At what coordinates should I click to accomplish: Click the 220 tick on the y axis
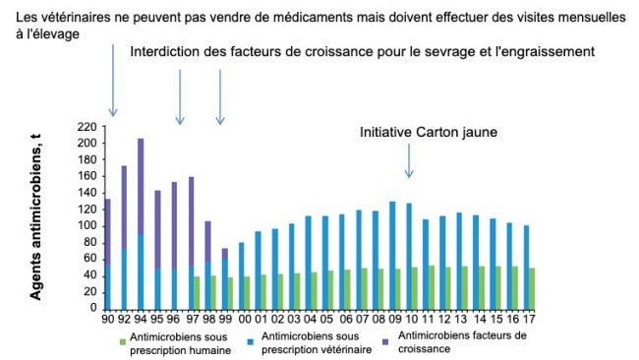(x=87, y=127)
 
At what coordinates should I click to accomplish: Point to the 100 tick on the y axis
(x=87, y=225)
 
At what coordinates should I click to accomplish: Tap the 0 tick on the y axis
(x=91, y=308)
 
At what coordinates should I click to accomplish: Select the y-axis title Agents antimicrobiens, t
(x=39, y=217)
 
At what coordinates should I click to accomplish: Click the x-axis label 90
(x=106, y=320)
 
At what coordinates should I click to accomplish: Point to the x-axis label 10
(x=407, y=320)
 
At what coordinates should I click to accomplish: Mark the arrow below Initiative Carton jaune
(x=409, y=163)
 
